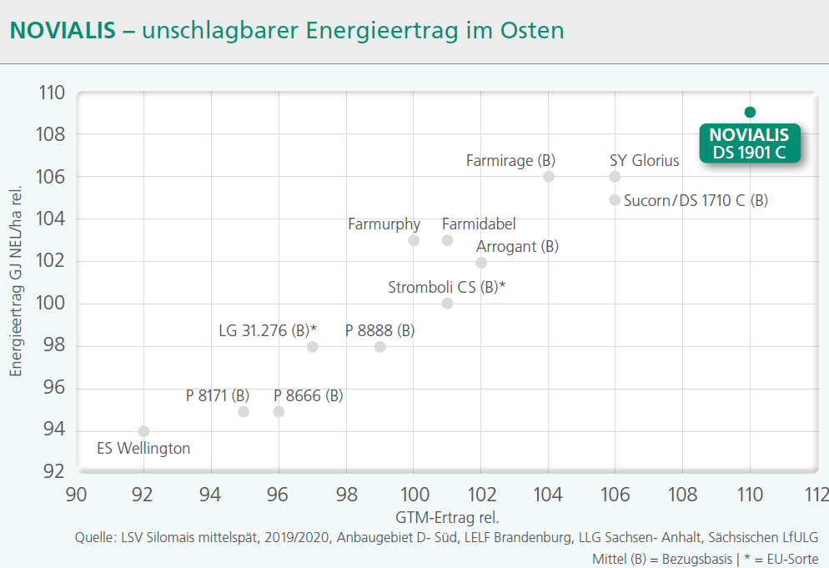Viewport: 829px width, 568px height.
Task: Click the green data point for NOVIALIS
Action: [750, 113]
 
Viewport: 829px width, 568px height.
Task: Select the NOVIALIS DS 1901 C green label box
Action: [749, 143]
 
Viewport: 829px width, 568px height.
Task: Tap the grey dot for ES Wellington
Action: [143, 431]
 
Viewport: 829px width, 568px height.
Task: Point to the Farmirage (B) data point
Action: [549, 177]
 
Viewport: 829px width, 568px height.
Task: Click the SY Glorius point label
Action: [644, 160]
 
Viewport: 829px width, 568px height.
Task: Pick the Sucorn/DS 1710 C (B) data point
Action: [615, 200]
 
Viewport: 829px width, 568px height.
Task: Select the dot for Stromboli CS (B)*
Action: [447, 304]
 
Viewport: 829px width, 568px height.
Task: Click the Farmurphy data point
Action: [414, 240]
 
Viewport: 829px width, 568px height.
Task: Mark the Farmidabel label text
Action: [479, 224]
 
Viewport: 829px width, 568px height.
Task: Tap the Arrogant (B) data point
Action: [481, 263]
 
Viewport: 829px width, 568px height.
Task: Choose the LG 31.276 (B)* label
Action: [267, 330]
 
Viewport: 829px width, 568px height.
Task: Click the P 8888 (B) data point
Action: [379, 347]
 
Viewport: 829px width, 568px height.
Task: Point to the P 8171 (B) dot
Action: [244, 412]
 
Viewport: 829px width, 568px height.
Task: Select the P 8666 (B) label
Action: [308, 395]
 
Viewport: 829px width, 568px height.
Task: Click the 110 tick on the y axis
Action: [52, 93]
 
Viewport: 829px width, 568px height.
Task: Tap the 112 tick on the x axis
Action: [817, 493]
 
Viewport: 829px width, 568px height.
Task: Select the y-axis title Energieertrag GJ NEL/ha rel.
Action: [15, 281]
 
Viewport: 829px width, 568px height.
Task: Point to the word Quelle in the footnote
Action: [93, 538]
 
